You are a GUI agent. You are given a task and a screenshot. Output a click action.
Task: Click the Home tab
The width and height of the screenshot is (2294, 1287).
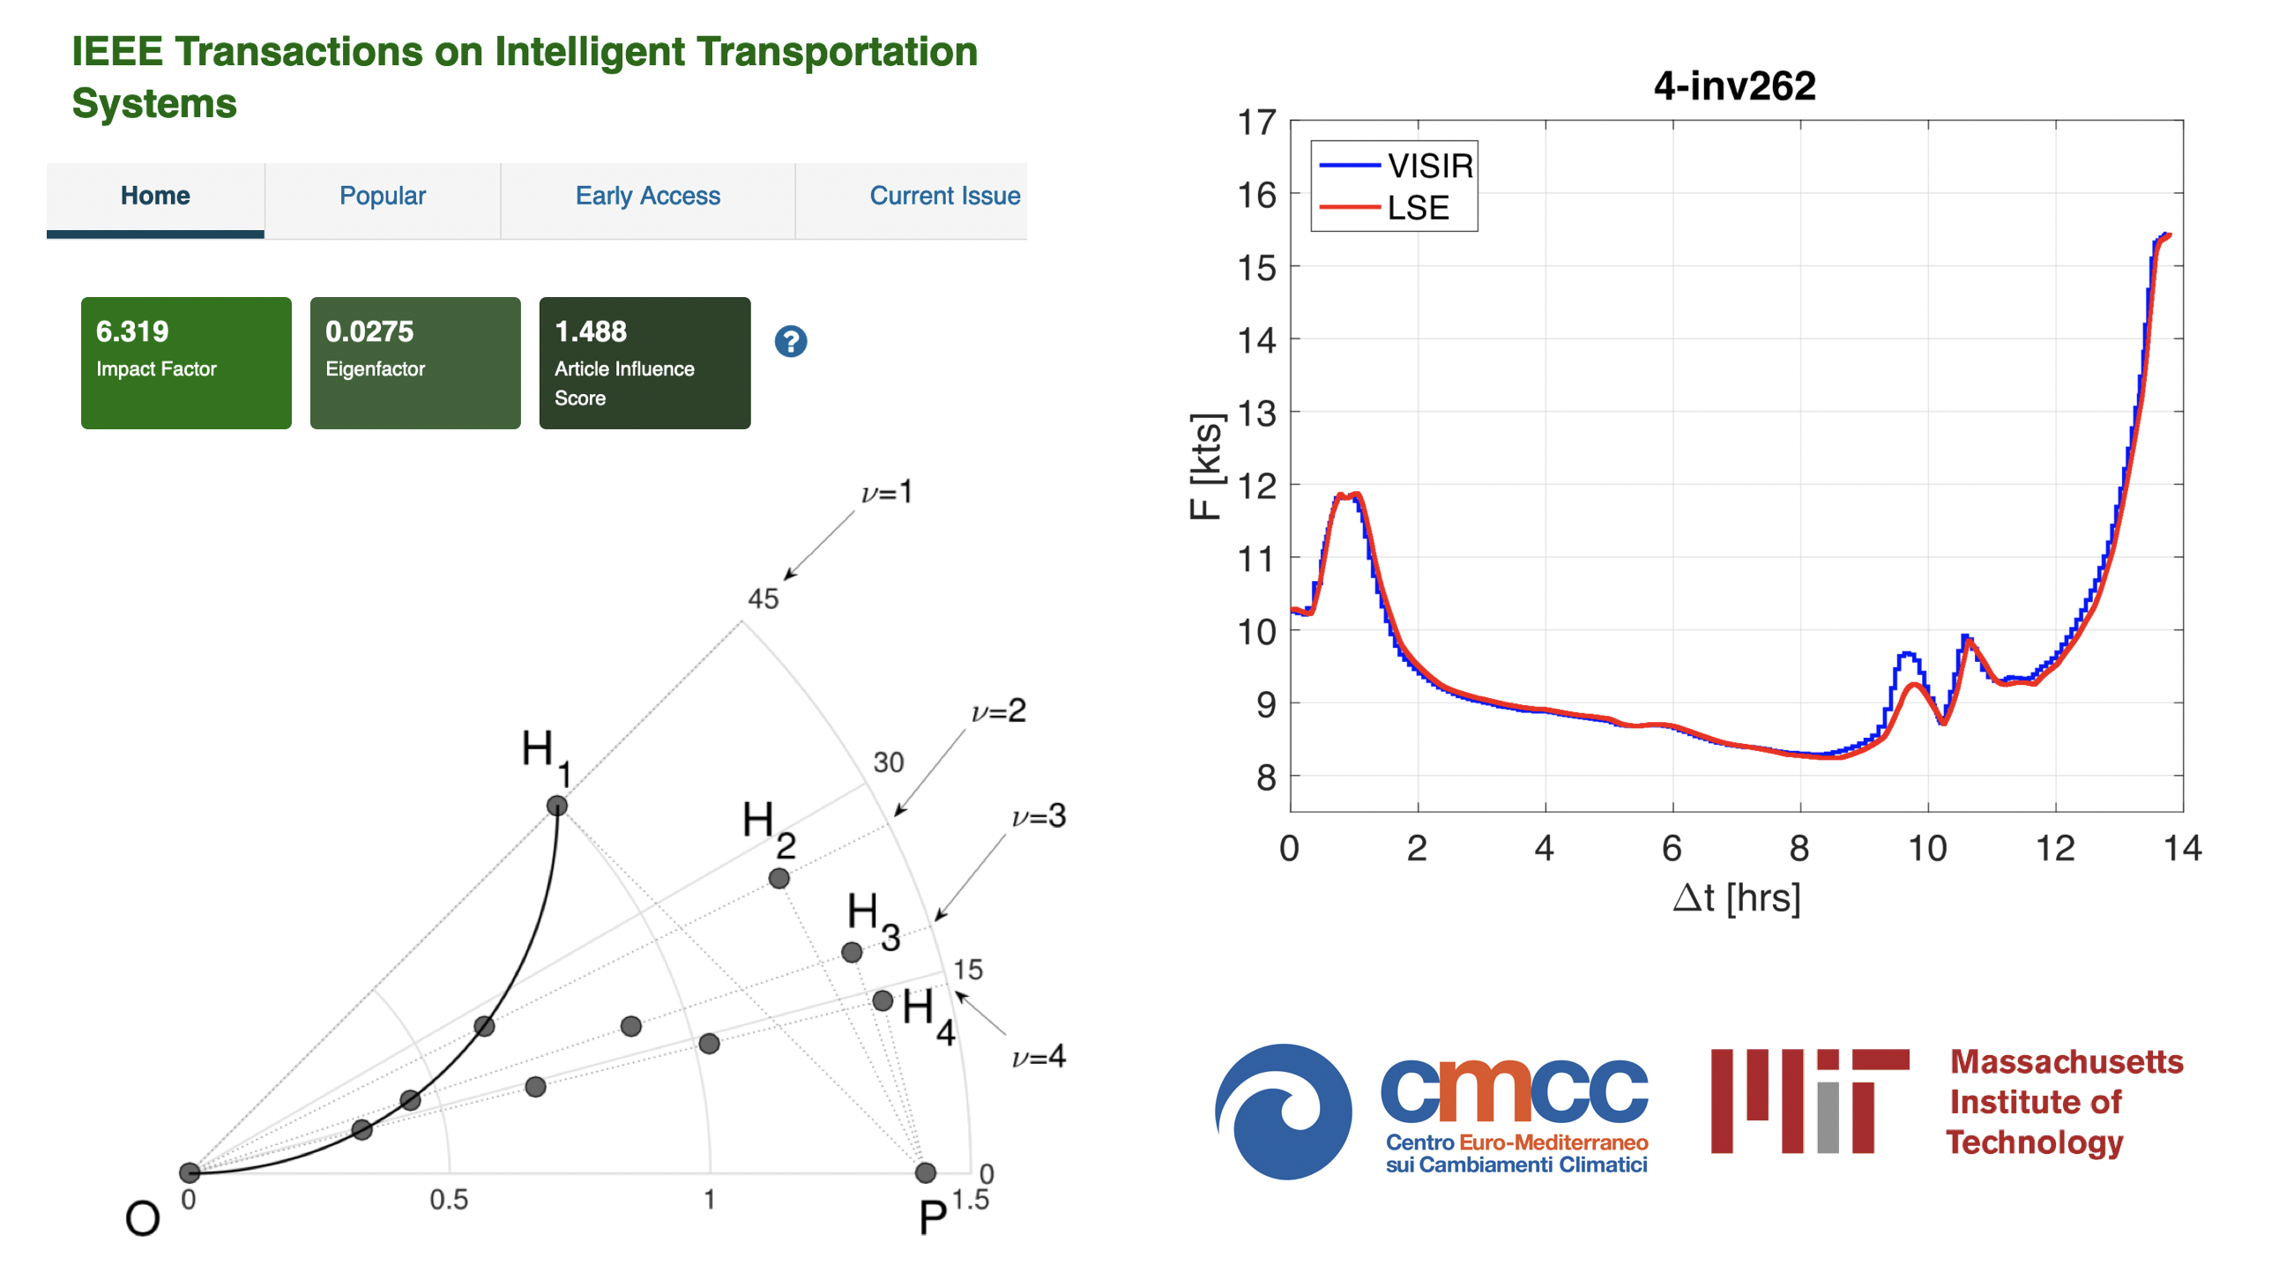pos(155,197)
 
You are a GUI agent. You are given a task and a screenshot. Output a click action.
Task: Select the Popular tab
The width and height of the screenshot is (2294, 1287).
pos(383,196)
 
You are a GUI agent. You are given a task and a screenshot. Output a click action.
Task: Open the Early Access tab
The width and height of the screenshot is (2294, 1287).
pos(647,196)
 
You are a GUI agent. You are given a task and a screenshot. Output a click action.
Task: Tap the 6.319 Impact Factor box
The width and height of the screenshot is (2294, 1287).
pos(186,362)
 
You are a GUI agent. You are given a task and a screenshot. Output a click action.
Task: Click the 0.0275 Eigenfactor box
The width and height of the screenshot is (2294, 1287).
pos(415,362)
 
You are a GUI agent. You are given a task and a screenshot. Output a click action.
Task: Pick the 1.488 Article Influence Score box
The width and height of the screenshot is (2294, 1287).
pos(644,362)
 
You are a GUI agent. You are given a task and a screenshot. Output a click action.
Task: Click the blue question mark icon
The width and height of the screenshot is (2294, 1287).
pos(790,341)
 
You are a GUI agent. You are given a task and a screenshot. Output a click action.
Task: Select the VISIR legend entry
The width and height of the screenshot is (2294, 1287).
pos(1396,166)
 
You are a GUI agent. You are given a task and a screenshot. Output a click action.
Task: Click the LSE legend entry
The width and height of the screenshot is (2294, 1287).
pos(1384,207)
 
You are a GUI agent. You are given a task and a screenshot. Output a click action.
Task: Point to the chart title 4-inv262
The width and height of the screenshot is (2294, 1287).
pos(1734,86)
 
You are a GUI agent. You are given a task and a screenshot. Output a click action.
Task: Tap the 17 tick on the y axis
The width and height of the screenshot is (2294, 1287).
pos(1256,123)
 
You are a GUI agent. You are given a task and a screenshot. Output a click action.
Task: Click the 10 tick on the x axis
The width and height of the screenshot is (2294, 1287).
pos(1927,849)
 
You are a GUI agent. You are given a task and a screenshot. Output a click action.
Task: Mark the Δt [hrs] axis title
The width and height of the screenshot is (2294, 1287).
pos(1737,897)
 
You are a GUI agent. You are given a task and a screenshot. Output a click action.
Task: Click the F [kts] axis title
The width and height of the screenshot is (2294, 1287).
pos(1206,466)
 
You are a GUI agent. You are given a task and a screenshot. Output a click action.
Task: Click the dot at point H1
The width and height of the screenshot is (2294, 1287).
pos(556,806)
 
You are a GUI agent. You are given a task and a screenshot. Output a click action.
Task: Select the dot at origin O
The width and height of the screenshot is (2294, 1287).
pos(190,1172)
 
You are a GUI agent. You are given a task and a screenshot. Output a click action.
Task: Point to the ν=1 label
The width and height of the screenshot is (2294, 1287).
pos(887,492)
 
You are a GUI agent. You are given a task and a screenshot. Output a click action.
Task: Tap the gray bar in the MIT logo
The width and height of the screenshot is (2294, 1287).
pos(1828,1118)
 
